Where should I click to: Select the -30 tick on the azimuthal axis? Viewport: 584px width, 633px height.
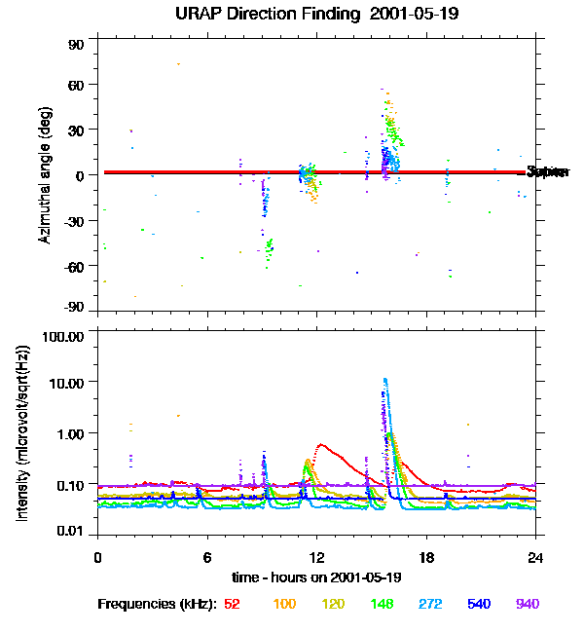point(74,220)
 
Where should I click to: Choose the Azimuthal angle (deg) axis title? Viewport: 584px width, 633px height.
point(45,175)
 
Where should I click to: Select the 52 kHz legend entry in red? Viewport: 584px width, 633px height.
point(232,605)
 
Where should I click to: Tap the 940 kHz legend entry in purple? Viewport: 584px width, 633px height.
point(527,605)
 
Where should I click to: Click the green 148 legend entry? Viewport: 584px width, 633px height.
point(381,605)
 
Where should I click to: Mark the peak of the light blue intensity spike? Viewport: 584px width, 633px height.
point(385,380)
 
